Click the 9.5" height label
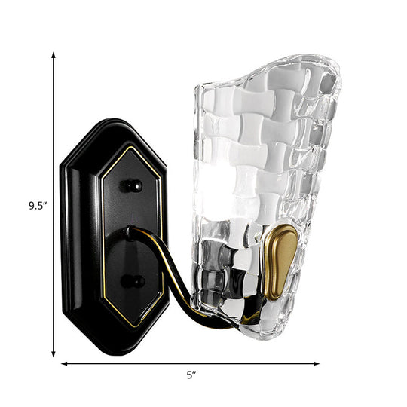32,203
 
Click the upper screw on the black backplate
133,185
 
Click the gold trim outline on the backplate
103,249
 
